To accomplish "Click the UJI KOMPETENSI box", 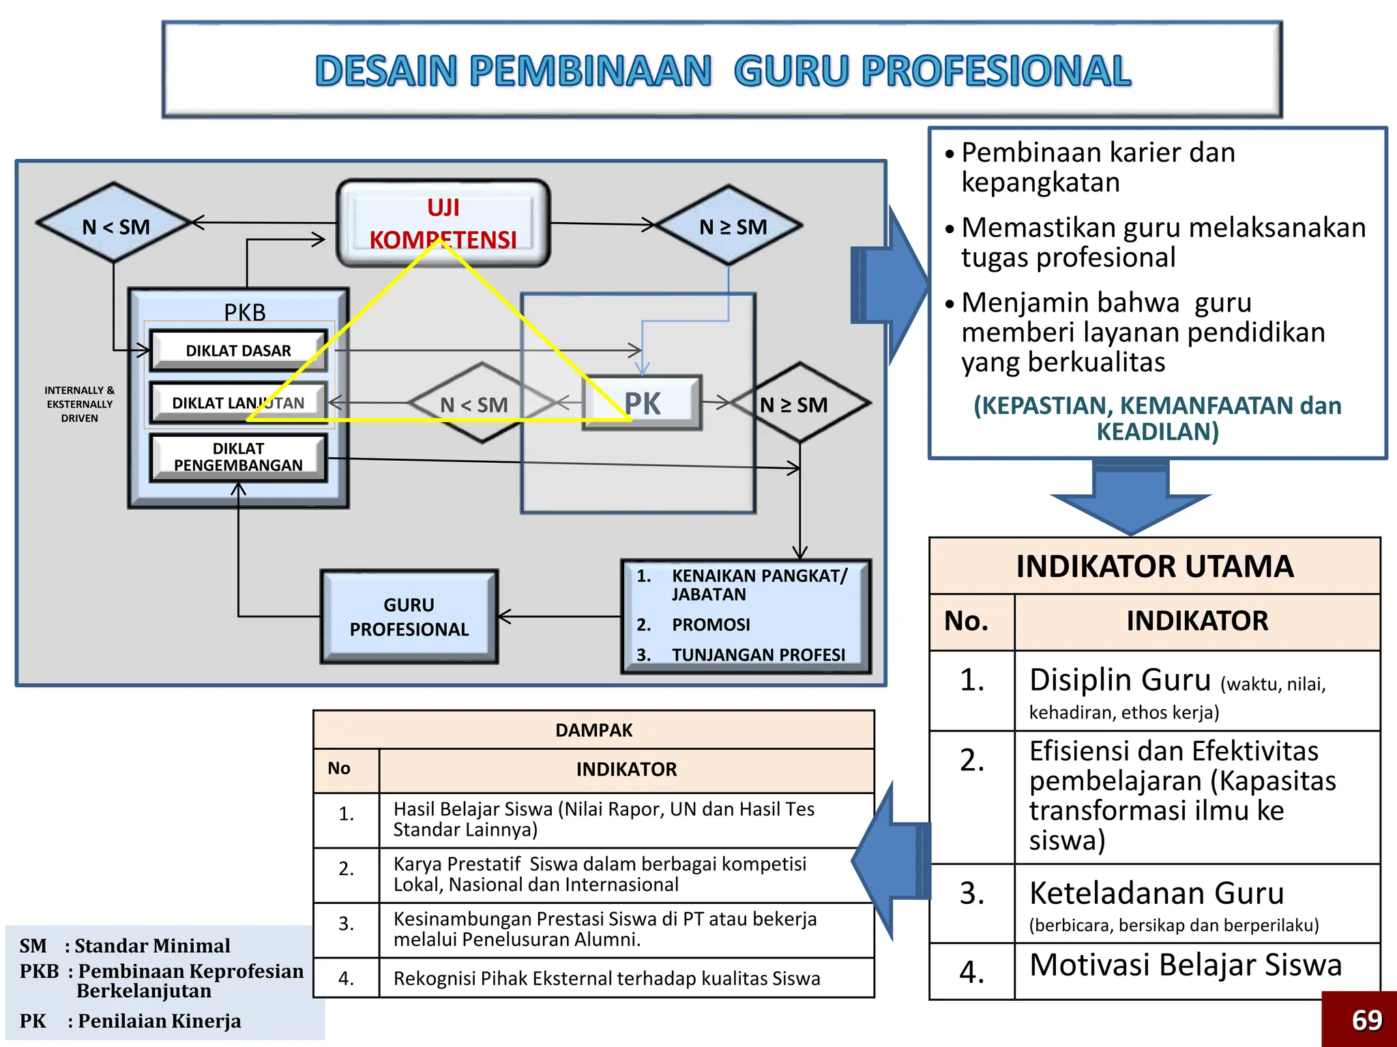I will pyautogui.click(x=443, y=222).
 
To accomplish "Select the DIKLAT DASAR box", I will pyautogui.click(x=238, y=350).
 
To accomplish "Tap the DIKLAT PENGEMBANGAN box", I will pyautogui.click(x=238, y=457).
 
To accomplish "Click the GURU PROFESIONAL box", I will pyautogui.click(x=409, y=617).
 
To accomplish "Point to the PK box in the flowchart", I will pyautogui.click(x=642, y=403).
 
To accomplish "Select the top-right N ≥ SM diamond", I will pyautogui.click(x=731, y=226).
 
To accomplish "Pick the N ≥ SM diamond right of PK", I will pyautogui.click(x=799, y=404).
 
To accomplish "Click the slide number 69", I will pyautogui.click(x=1366, y=1020).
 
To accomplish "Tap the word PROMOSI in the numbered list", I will pyautogui.click(x=710, y=624).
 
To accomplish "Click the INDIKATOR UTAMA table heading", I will pyautogui.click(x=1154, y=566).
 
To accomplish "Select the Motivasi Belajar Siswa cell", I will pyautogui.click(x=1186, y=965).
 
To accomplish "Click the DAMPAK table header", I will pyautogui.click(x=593, y=730).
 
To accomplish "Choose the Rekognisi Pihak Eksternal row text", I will pyautogui.click(x=606, y=978).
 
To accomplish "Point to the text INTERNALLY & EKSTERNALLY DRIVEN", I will pyautogui.click(x=80, y=404).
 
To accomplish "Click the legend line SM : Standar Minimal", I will pyautogui.click(x=125, y=946).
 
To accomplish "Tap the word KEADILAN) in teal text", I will pyautogui.click(x=1157, y=432).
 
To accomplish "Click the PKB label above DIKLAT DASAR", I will pyautogui.click(x=244, y=312).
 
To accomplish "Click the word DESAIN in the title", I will pyautogui.click(x=386, y=72).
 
